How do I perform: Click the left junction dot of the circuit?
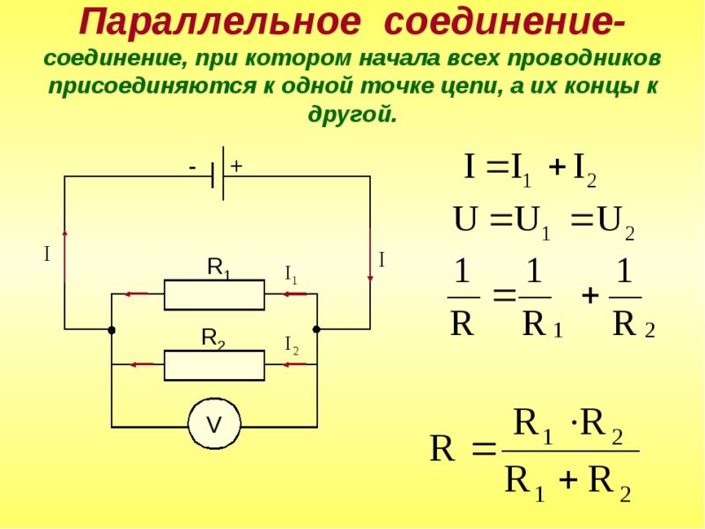click(112, 330)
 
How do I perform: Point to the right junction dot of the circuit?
click(316, 329)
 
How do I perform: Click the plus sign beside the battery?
click(236, 167)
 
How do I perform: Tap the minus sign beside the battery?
click(192, 168)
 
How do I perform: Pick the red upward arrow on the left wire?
click(64, 256)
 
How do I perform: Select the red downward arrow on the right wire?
click(370, 256)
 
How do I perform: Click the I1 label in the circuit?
click(291, 274)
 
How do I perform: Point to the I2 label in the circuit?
click(292, 346)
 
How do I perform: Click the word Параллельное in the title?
click(220, 23)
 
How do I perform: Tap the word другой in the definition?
click(352, 114)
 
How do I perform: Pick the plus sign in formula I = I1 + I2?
click(557, 168)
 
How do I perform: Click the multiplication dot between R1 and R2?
click(574, 424)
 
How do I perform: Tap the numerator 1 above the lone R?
click(463, 272)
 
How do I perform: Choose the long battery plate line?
click(223, 173)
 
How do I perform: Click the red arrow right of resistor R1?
click(294, 294)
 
